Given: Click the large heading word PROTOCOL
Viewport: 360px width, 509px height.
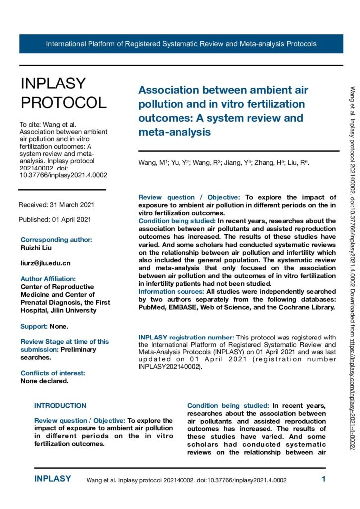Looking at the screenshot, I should tap(63, 102).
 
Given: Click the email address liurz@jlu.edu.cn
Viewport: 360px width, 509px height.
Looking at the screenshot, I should tap(45, 263).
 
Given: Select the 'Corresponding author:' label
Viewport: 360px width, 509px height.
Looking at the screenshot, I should tap(56, 239).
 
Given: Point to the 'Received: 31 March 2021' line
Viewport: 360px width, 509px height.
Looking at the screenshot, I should tap(56, 205).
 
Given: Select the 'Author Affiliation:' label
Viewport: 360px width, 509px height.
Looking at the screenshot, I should tap(48, 279).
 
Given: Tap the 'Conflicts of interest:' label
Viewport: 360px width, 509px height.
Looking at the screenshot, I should tap(52, 373).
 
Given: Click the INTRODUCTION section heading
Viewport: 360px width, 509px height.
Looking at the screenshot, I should tap(60, 405).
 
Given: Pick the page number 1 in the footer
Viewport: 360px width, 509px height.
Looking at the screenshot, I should tap(323, 480).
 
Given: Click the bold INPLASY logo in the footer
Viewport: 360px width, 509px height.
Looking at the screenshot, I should tap(52, 479).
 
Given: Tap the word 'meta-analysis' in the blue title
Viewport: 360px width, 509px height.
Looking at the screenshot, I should tap(175, 132).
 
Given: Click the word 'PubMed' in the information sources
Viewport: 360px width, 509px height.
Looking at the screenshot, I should tap(150, 307).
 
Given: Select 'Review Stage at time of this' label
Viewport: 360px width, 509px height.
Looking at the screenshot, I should tap(64, 341).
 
